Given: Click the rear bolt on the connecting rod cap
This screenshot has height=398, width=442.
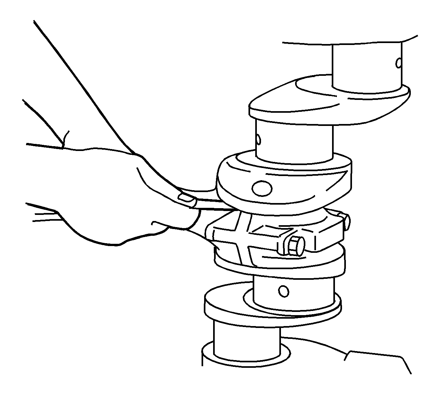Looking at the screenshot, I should click(347, 221).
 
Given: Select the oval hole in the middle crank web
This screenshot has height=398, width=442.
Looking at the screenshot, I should click(262, 188).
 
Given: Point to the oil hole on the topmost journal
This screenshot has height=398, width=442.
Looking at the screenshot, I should click(399, 63).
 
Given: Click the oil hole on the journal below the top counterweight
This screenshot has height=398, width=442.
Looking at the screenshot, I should click(258, 139).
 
